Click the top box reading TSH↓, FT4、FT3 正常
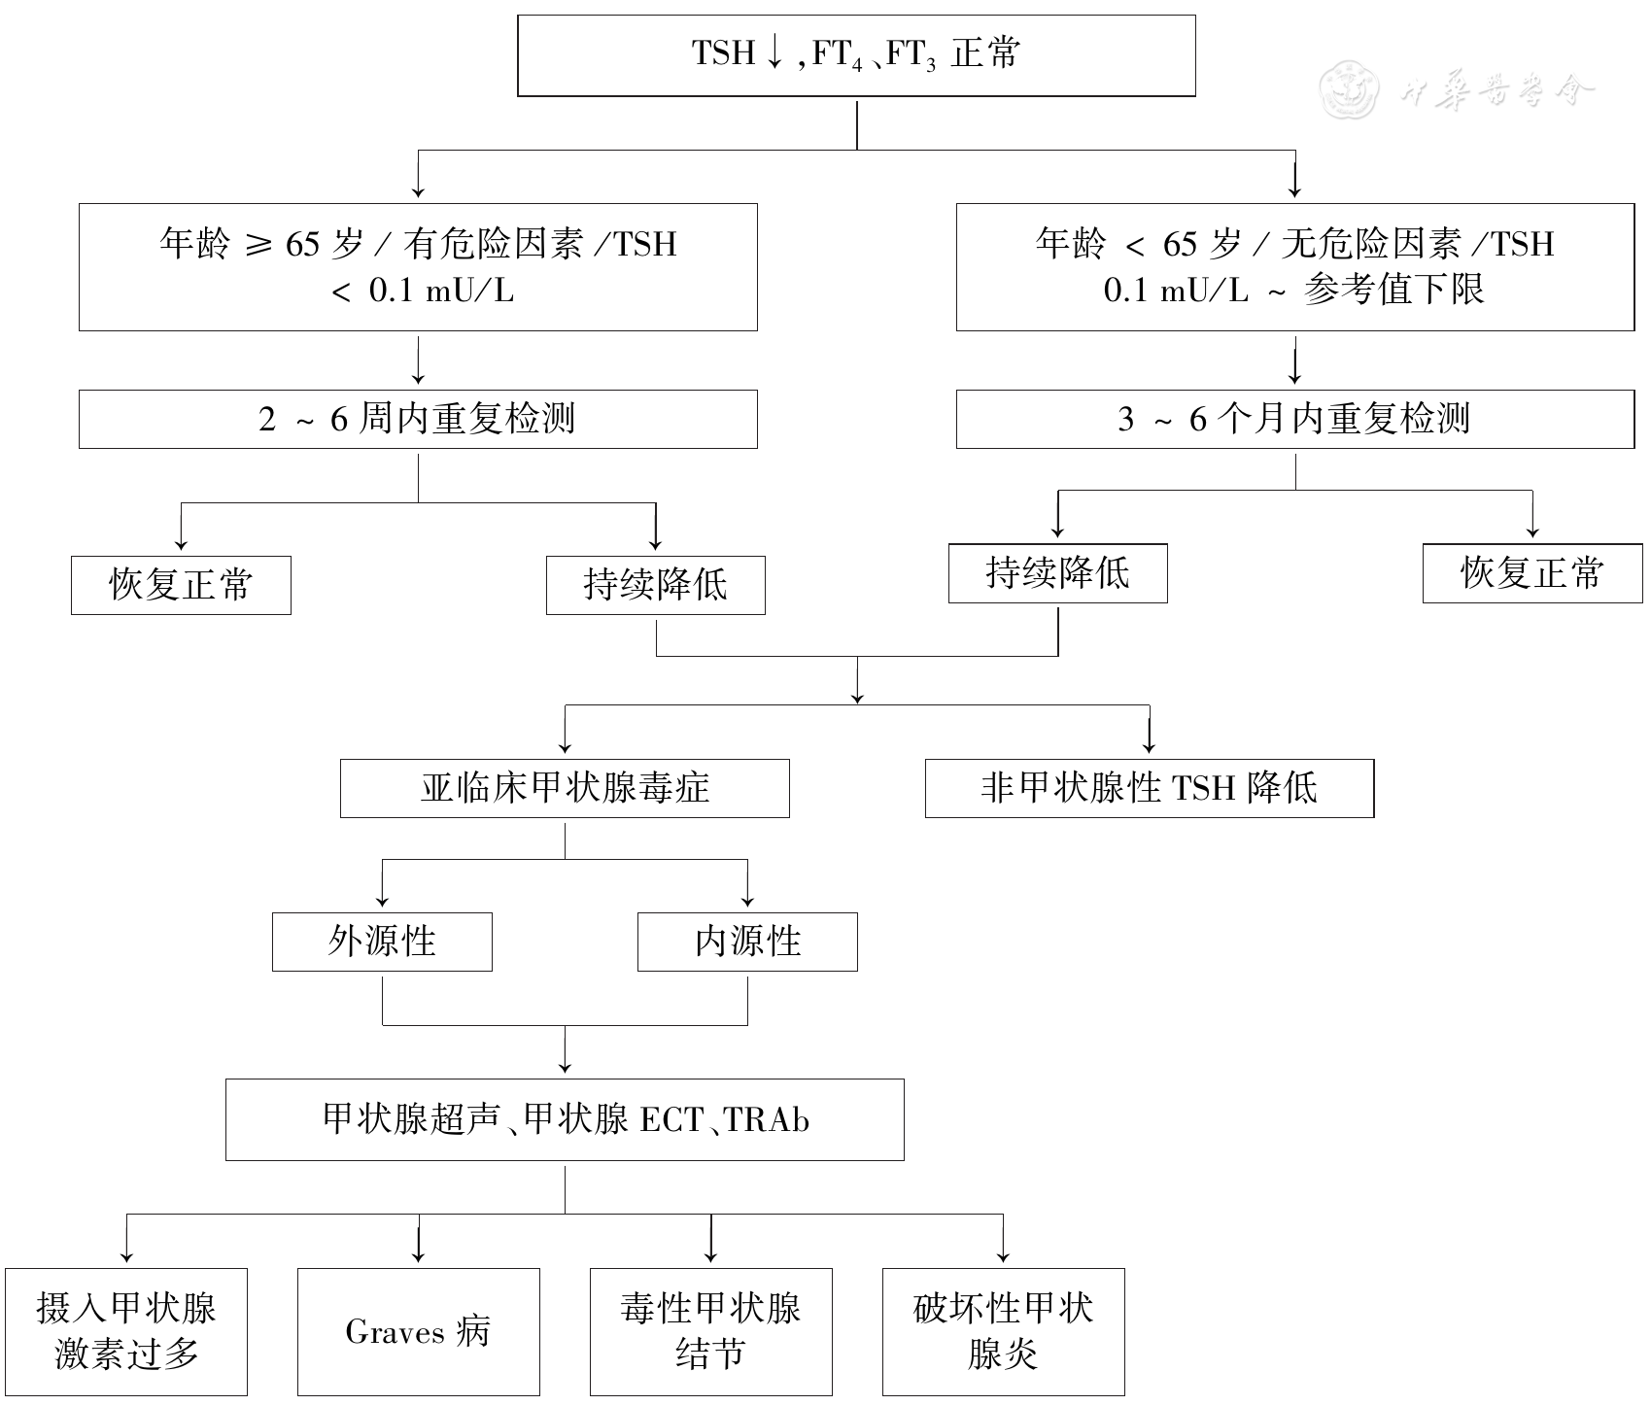coord(855,55)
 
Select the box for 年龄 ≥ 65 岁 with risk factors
coord(418,266)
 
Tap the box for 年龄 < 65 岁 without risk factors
coord(1294,266)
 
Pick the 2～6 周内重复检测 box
coord(418,419)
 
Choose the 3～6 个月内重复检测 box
coord(1294,419)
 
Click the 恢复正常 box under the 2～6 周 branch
coord(181,585)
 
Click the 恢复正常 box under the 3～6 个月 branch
coord(1531,573)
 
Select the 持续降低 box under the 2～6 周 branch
coord(655,585)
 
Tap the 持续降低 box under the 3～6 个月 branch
coord(1057,573)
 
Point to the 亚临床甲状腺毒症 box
coord(565,788)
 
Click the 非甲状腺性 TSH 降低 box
coord(1149,788)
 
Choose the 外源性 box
coord(382,942)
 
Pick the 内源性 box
coord(747,942)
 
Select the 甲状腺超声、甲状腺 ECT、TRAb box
coord(565,1119)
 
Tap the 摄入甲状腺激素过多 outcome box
coord(126,1331)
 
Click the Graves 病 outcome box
coord(418,1331)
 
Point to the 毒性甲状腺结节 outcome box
coord(710,1331)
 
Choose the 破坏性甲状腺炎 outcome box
coord(1003,1331)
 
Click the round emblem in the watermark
coord(1350,88)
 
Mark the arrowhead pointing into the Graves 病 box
coord(418,1256)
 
